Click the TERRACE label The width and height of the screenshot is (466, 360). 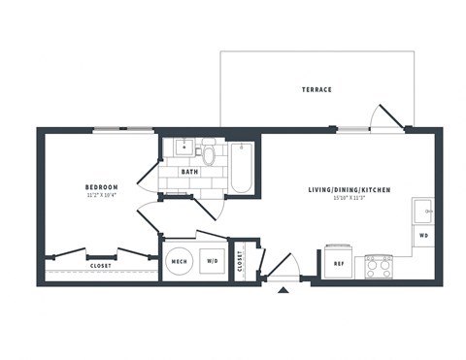tap(316, 89)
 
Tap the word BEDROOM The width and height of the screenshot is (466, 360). tap(101, 186)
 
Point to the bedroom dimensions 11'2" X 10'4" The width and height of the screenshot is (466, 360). tap(101, 195)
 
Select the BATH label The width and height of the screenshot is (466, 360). tap(188, 172)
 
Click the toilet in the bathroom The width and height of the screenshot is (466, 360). tap(208, 153)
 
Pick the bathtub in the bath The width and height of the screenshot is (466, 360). tap(242, 168)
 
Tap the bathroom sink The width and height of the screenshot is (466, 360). tap(182, 149)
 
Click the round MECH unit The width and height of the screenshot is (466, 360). tap(180, 259)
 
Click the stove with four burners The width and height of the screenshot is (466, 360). tap(379, 266)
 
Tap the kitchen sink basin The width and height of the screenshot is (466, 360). tap(423, 211)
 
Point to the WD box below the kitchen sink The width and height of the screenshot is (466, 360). tap(423, 235)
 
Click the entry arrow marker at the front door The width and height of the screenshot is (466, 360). tap(283, 288)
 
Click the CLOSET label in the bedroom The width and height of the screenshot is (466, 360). tap(100, 265)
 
